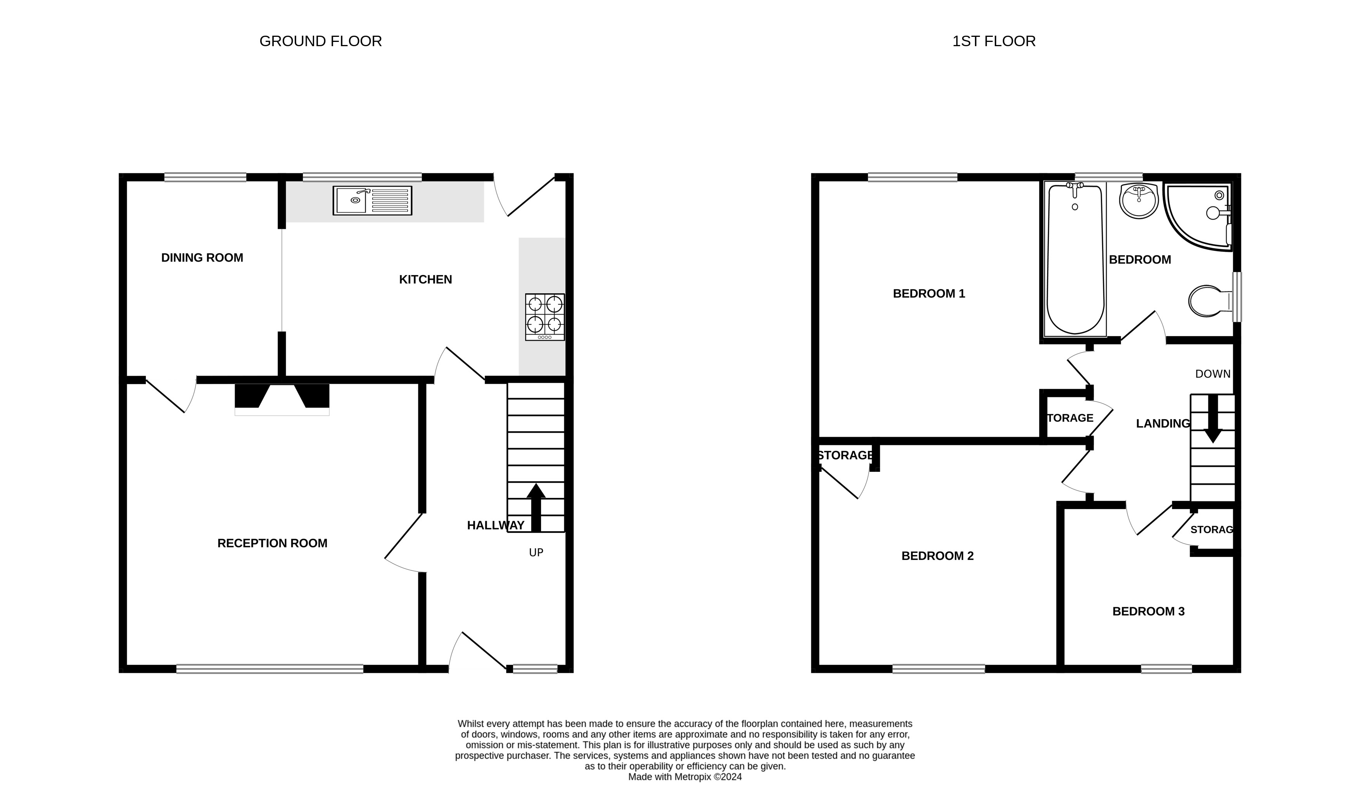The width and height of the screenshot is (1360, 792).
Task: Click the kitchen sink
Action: click(x=372, y=200)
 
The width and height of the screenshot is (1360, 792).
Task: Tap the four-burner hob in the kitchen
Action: click(x=545, y=317)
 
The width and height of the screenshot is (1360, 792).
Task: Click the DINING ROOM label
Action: click(x=202, y=258)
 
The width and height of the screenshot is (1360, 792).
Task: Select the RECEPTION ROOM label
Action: click(x=273, y=543)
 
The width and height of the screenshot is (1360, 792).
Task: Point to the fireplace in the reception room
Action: click(x=282, y=400)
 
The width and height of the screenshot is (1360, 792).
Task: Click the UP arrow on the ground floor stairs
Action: click(x=536, y=508)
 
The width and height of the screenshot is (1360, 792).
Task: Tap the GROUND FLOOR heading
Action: click(x=321, y=42)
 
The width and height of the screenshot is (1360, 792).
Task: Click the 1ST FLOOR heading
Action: click(x=994, y=42)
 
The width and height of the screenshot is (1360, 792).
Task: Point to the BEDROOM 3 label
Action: click(x=1148, y=611)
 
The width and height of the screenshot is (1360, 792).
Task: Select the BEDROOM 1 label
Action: click(x=929, y=294)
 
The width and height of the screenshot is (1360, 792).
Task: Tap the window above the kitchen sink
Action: click(x=362, y=177)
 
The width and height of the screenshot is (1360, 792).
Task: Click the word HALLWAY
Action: click(x=496, y=525)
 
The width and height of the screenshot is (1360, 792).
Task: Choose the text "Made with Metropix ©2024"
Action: click(x=685, y=777)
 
